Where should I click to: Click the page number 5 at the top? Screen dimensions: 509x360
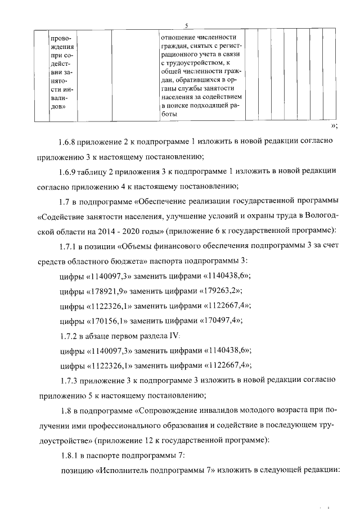[186, 24]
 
